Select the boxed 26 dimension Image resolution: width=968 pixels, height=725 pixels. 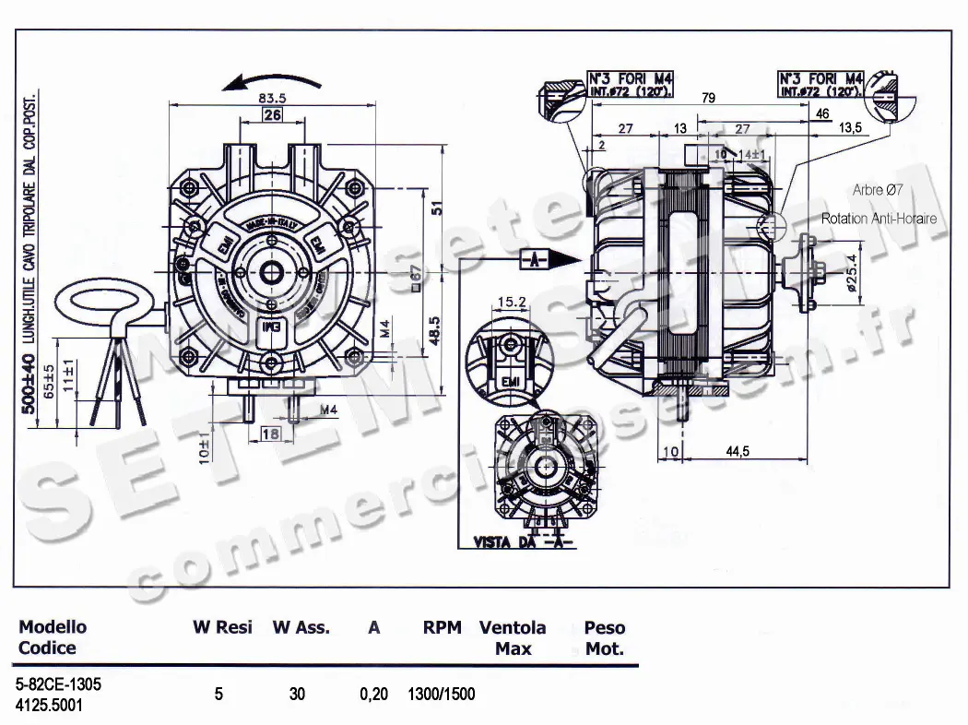[x=272, y=115]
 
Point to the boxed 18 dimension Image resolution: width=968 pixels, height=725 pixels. [x=271, y=433]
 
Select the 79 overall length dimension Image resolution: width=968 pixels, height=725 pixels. [x=708, y=98]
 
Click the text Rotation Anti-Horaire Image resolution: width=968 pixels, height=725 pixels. [x=879, y=219]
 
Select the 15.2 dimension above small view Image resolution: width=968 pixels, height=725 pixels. [x=511, y=301]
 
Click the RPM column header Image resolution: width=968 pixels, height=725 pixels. [x=442, y=628]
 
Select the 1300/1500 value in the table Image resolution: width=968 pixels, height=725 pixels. [x=442, y=695]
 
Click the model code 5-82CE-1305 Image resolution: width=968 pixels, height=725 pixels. [x=60, y=685]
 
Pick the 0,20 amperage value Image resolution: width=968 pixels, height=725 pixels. [x=373, y=695]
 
